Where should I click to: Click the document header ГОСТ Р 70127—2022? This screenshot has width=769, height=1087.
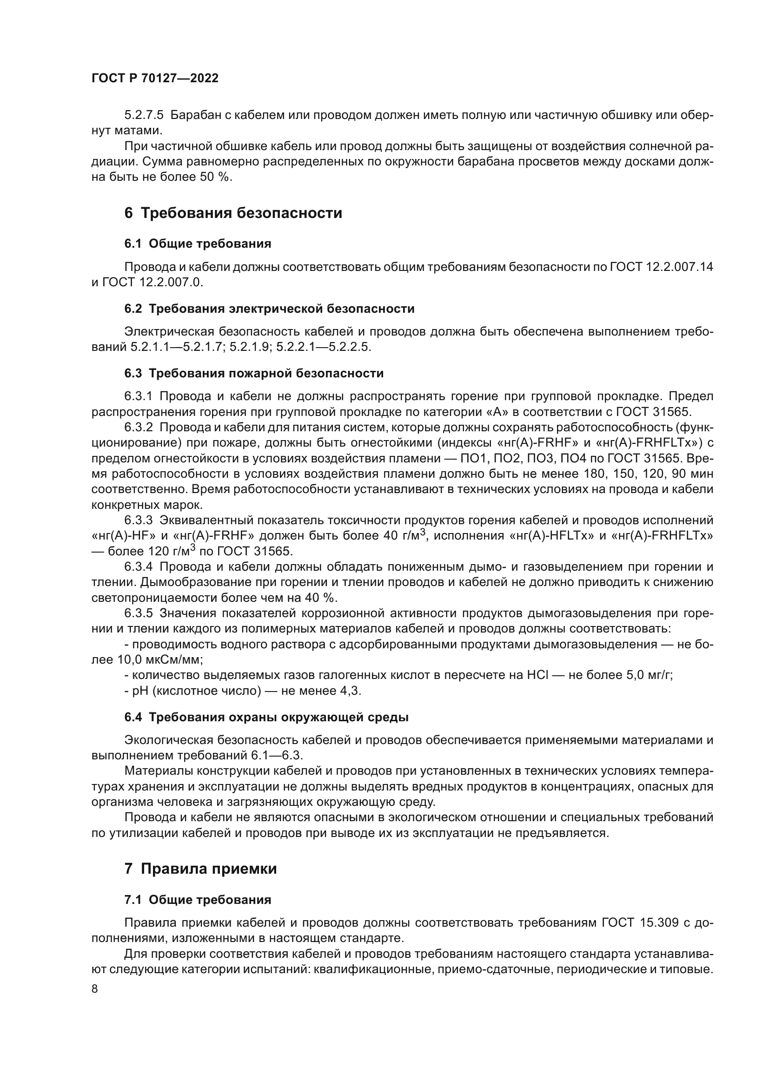[155, 79]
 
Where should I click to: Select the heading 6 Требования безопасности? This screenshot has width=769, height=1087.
[233, 213]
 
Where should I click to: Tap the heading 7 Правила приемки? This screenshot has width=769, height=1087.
[200, 869]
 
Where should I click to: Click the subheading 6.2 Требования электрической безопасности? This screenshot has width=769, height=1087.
[269, 309]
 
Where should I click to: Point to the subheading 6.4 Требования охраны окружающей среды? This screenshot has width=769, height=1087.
[266, 717]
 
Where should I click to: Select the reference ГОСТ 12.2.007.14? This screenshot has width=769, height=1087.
[661, 267]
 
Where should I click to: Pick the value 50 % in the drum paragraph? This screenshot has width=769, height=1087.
[215, 177]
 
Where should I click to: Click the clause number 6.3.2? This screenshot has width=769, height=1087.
[138, 428]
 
